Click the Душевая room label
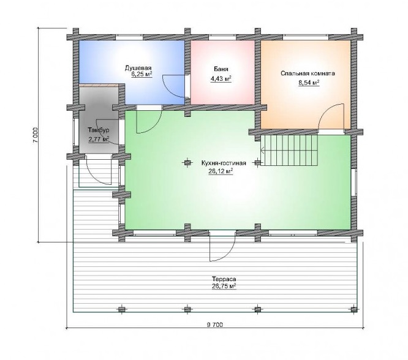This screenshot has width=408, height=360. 138,69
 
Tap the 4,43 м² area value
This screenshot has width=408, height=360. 221,79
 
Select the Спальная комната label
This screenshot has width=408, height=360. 308,73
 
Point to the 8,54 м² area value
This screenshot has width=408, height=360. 309,83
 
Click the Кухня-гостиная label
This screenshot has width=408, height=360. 224,163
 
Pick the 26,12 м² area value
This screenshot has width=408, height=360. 221,171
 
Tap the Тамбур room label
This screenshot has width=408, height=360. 99,130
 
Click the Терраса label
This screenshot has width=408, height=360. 224,279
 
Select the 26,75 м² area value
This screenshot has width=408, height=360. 224,287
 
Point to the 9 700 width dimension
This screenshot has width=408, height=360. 215,324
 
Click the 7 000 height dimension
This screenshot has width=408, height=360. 36,135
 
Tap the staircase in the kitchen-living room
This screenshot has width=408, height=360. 289,151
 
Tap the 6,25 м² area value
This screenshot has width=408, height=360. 142,75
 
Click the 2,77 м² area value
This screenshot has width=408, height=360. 99,139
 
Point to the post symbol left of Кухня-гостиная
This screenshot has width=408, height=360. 187,163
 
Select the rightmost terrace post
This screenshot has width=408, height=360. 353,309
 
